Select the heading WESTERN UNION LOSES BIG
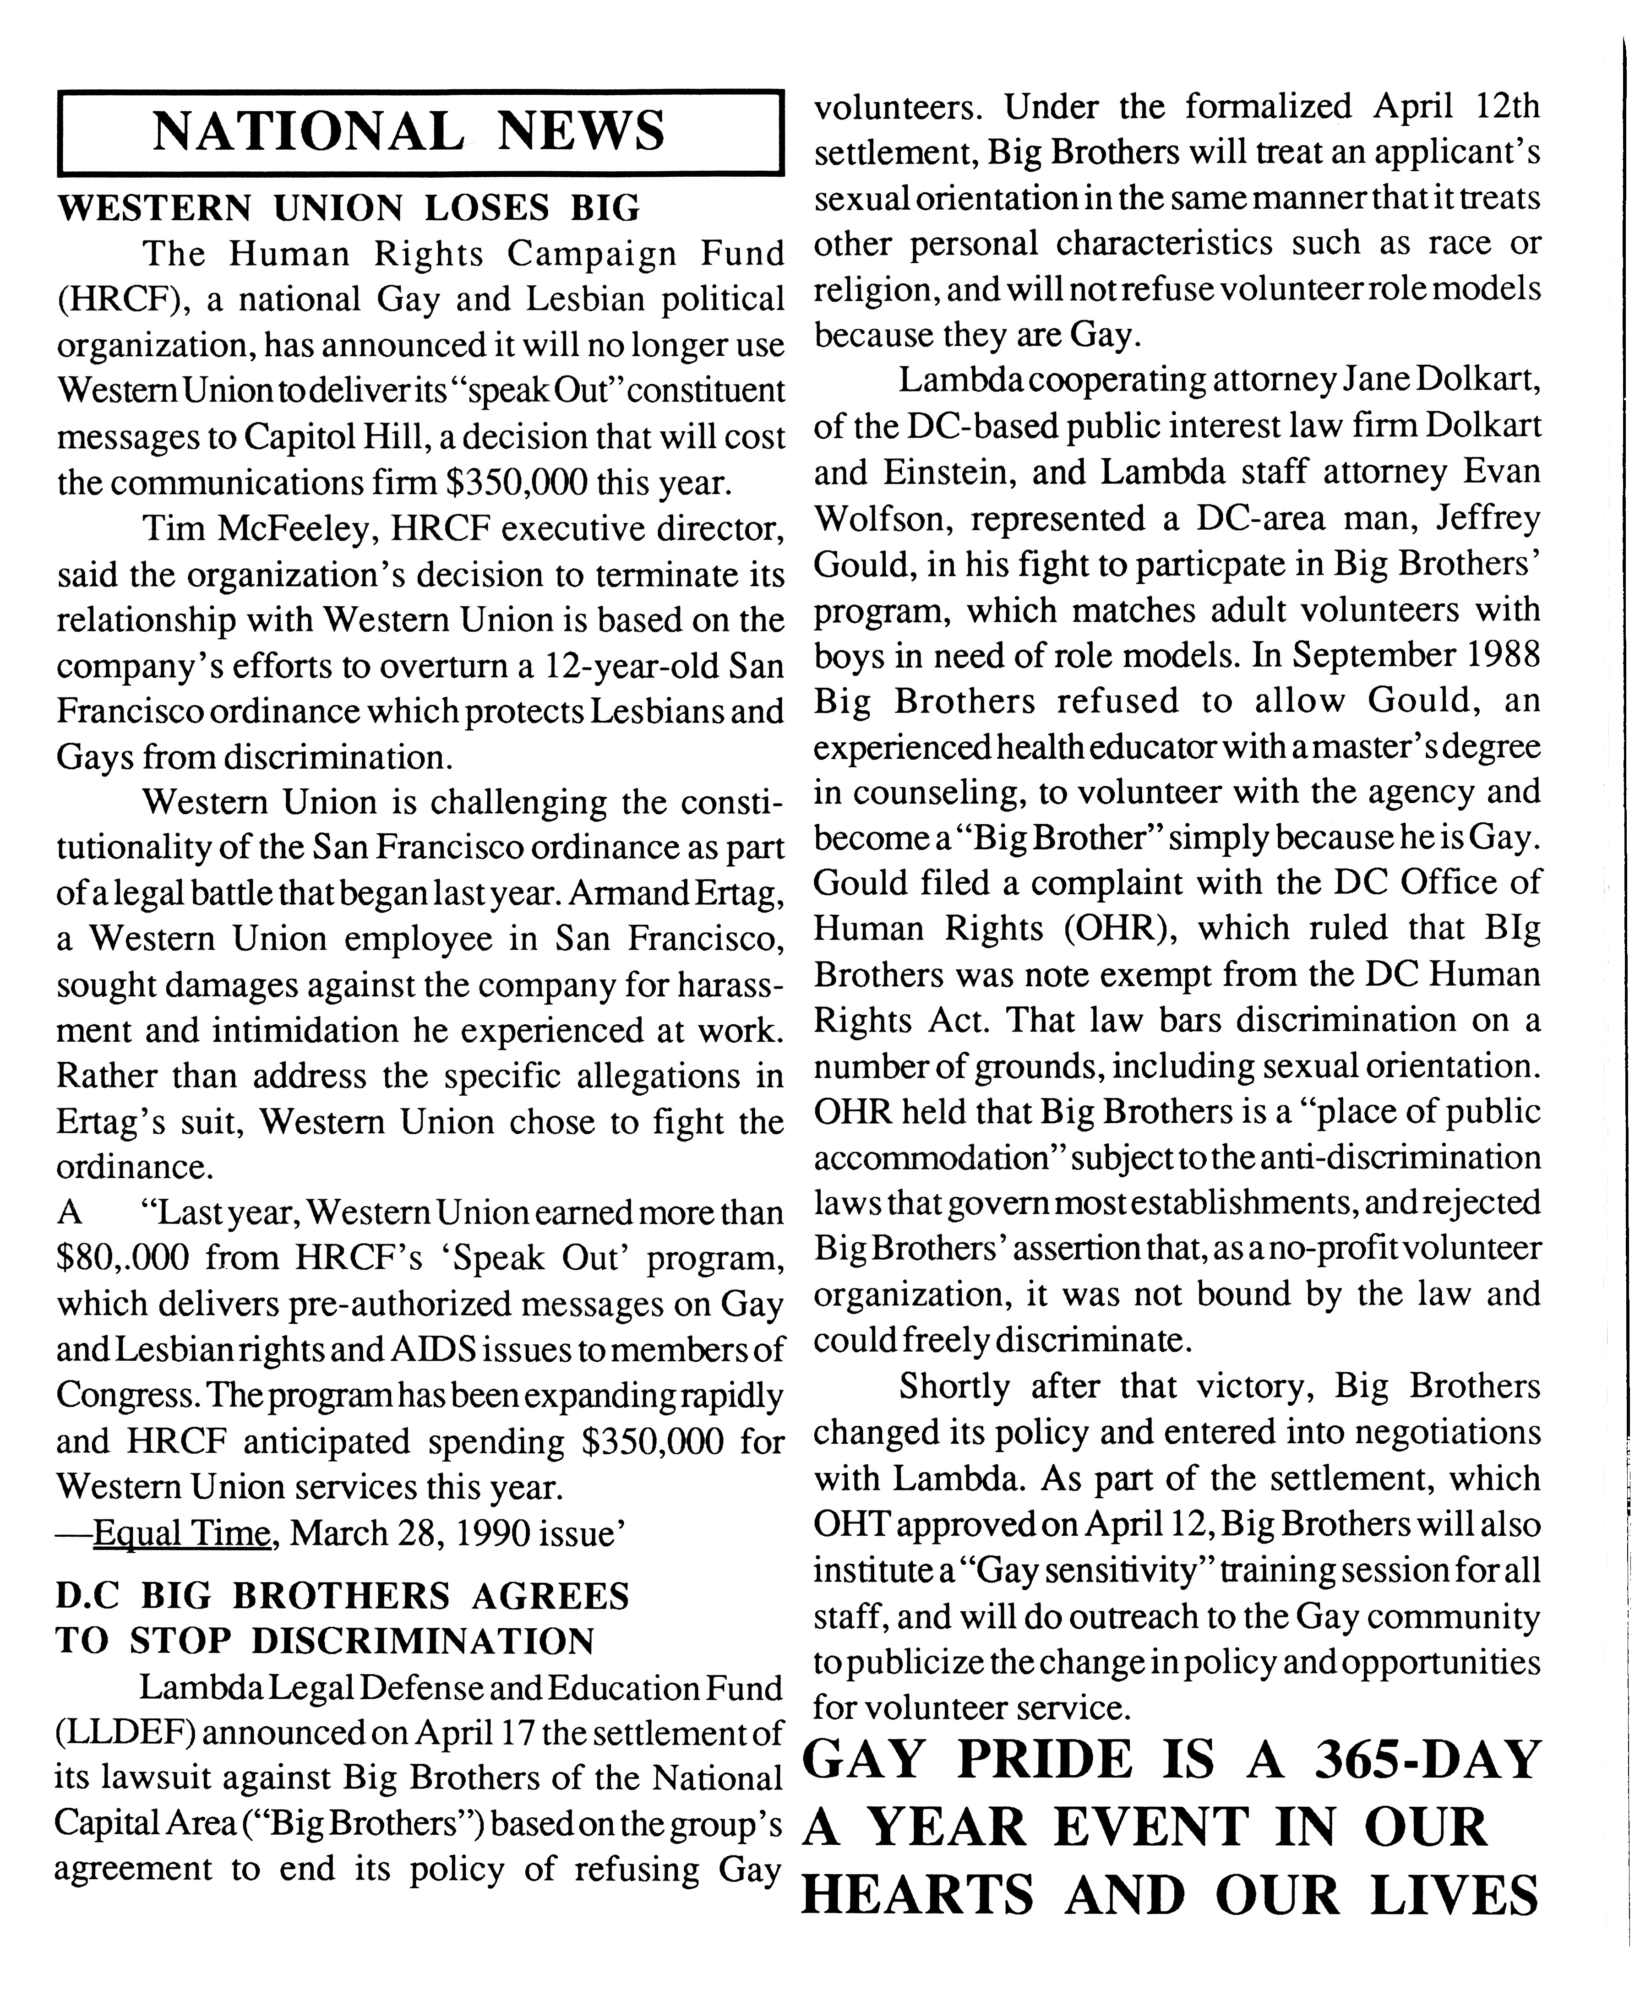tap(349, 207)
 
